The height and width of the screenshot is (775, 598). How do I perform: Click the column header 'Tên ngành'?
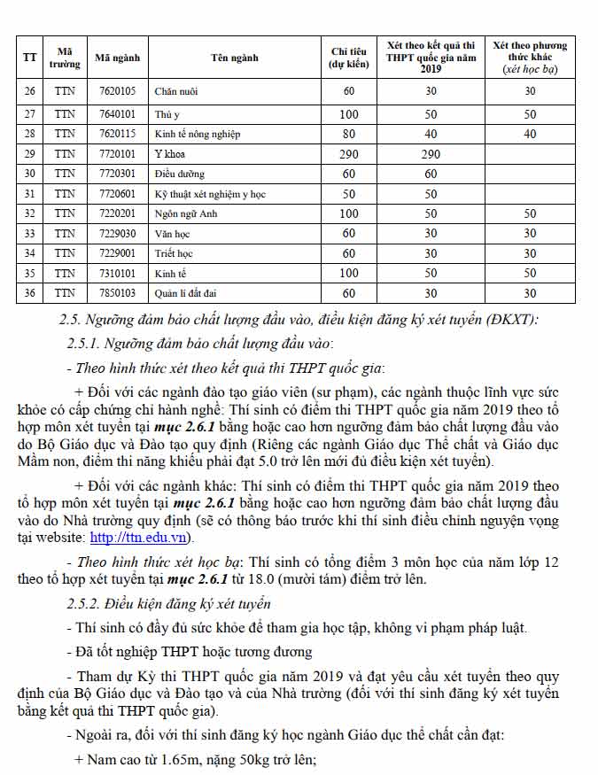pyautogui.click(x=234, y=58)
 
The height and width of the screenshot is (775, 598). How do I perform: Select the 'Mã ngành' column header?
pyautogui.click(x=118, y=58)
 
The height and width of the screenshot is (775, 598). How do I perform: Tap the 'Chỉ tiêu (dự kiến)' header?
pyautogui.click(x=349, y=58)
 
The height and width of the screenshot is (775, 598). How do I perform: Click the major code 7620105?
pyautogui.click(x=117, y=91)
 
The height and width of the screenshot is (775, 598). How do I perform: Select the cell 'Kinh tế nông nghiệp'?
pyautogui.click(x=197, y=135)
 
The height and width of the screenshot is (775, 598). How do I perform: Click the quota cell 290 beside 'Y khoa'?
pyautogui.click(x=349, y=154)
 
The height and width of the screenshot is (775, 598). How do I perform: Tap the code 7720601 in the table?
pyautogui.click(x=117, y=194)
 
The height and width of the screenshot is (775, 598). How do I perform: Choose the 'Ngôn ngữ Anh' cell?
pyautogui.click(x=183, y=213)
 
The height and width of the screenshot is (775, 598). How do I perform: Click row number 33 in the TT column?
pyautogui.click(x=29, y=234)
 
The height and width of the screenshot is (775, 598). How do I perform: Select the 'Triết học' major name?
pyautogui.click(x=174, y=253)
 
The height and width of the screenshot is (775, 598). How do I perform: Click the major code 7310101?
pyautogui.click(x=117, y=273)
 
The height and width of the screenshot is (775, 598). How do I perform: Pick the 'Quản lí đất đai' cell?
pyautogui.click(x=186, y=293)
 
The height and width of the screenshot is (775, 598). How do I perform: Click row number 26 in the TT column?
pyautogui.click(x=29, y=91)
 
